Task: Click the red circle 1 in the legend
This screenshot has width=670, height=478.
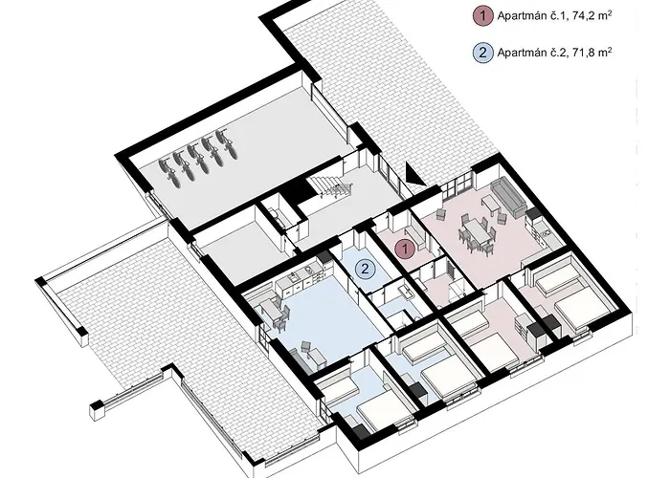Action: tap(483, 16)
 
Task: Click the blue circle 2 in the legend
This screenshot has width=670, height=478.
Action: tap(483, 53)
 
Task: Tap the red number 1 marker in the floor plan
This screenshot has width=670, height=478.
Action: tap(405, 249)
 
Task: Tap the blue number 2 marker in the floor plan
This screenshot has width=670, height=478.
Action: tap(365, 269)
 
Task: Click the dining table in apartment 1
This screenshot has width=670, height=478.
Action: tap(477, 233)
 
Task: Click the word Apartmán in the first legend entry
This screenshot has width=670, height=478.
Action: tap(522, 16)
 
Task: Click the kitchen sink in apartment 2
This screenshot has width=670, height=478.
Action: tap(295, 277)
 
